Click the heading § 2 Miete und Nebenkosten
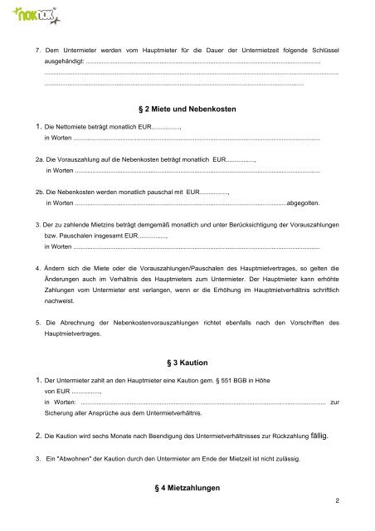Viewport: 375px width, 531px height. point(187,110)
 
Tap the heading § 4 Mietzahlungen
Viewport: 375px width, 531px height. point(187,490)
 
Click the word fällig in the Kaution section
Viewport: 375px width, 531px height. point(319,434)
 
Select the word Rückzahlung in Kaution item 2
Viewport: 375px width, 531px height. point(282,435)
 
